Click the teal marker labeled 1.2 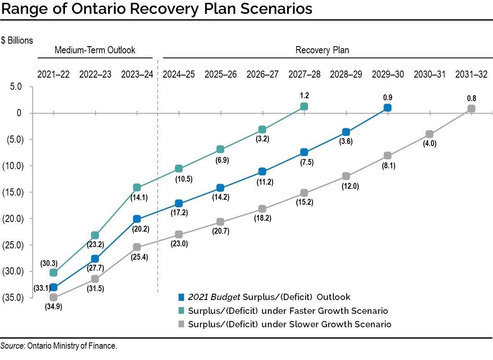[304, 107]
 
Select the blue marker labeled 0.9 [388, 108]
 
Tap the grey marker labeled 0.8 [471, 108]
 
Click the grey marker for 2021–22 [54, 297]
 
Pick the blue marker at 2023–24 [137, 219]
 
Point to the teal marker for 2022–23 [95, 235]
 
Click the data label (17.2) [179, 213]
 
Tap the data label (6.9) [221, 159]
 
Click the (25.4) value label [137, 256]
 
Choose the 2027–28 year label [304, 74]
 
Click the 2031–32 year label [472, 74]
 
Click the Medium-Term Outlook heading [95, 50]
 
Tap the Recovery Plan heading [322, 50]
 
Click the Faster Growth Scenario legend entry [288, 311]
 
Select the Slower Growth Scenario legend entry [289, 324]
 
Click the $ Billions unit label [17, 40]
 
